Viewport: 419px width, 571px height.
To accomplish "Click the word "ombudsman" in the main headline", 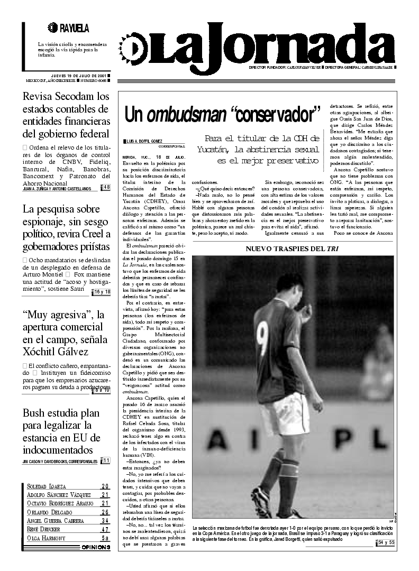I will pyautogui.click(x=187, y=114).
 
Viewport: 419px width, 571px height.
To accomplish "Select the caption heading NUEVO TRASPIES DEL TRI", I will pyautogui.click(x=292, y=248).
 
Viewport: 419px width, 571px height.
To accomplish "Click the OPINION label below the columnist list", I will pyautogui.click(x=96, y=547).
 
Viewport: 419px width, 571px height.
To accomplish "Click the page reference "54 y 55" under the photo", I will pyautogui.click(x=386, y=543).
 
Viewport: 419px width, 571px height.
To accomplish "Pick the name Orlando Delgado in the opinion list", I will pyautogui.click(x=49, y=512).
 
